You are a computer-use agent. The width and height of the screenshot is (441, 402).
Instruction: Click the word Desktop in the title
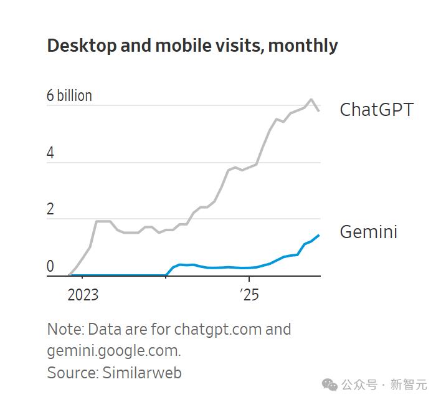tap(82, 46)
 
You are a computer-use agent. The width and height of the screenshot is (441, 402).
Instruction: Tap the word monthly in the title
tap(303, 46)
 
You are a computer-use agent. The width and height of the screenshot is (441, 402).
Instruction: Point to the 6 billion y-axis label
tap(69, 95)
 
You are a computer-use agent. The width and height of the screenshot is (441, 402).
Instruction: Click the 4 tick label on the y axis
tap(50, 153)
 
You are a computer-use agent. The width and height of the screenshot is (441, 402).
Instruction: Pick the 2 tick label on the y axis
tap(50, 209)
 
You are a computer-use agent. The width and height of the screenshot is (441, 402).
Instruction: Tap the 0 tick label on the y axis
tap(50, 266)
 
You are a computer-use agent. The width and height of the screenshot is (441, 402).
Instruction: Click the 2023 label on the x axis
tap(83, 295)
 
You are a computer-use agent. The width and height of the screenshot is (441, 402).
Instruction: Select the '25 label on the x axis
tap(249, 295)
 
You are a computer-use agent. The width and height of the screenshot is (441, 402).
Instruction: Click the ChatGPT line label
tap(377, 110)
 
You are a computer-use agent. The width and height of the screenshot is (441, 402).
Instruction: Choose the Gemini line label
tap(369, 232)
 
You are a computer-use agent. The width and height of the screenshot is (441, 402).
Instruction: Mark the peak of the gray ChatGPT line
tap(311, 99)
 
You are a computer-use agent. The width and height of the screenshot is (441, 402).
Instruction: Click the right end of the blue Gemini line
tap(319, 236)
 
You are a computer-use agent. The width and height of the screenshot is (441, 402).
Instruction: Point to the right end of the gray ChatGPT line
tap(319, 111)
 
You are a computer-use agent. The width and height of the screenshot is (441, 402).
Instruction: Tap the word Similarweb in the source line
tap(142, 373)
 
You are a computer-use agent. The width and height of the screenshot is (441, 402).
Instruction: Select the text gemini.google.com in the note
tap(113, 352)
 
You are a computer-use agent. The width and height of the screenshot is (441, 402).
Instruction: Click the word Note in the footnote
tap(65, 329)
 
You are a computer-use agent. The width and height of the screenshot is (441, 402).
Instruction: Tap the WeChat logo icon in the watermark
tap(330, 385)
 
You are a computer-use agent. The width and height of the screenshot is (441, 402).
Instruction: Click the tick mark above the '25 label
tap(249, 279)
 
